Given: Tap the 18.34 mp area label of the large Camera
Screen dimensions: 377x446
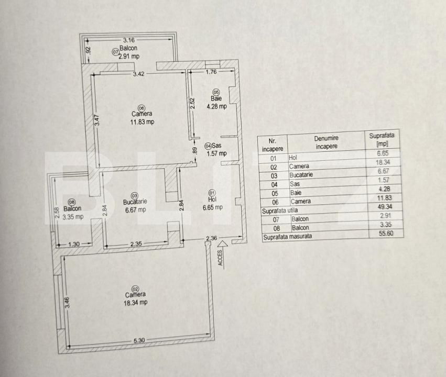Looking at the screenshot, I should (x=135, y=302).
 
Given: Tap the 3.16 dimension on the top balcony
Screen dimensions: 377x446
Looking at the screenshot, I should (x=128, y=39).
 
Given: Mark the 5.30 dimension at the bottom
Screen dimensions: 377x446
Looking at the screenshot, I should (x=139, y=341).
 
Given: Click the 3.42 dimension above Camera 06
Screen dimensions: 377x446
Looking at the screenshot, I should (x=138, y=74).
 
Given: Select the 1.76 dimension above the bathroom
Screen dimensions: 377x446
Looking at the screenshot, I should (x=211, y=72).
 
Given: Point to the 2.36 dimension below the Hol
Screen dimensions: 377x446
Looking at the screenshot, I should (x=211, y=239).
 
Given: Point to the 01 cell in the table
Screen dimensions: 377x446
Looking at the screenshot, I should (x=273, y=158).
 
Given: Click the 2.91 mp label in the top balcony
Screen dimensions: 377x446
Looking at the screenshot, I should (x=129, y=57).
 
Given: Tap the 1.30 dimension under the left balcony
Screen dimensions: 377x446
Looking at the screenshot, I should (x=74, y=243).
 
